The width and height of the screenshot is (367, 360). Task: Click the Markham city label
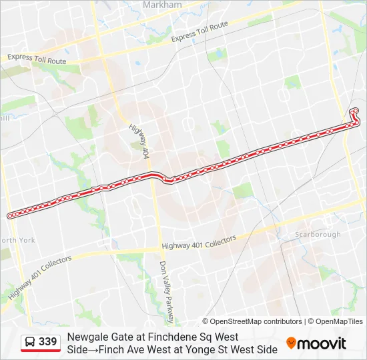pos(162,5)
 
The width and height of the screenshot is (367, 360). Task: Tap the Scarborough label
pos(318,234)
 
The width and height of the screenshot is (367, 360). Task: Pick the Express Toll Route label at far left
pos(37,59)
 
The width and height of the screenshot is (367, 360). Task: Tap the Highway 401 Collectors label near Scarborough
pos(199,243)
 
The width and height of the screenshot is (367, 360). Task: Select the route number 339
pos(48,342)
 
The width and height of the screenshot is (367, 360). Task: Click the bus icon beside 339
pos(31,343)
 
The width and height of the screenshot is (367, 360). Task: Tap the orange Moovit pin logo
pos(291,343)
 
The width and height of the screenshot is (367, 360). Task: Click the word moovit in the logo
pos(322,343)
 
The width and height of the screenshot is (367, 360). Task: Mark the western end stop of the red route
pos(10,215)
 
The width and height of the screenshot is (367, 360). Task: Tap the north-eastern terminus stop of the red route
pos(355,111)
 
